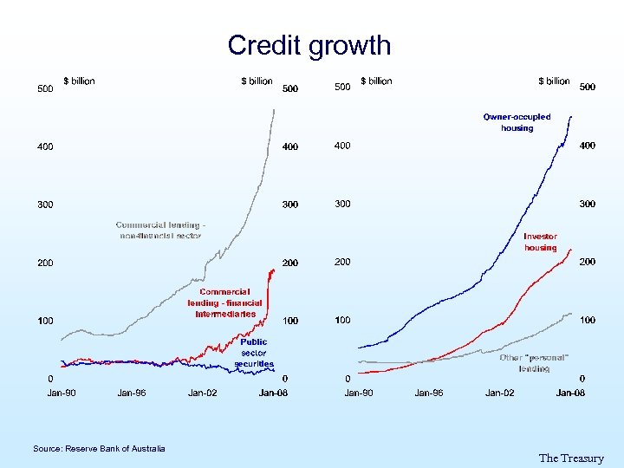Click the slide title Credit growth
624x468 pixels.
(309, 45)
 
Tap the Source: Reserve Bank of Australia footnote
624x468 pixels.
(99, 448)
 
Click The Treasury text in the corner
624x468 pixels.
(570, 458)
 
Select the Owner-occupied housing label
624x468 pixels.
(517, 122)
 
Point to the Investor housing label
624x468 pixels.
(540, 242)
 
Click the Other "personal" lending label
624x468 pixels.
(534, 363)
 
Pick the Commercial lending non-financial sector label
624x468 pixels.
(160, 230)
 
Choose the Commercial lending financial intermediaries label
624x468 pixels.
(224, 303)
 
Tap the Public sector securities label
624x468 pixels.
(254, 353)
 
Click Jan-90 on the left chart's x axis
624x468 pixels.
(61, 393)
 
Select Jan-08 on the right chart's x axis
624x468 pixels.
(570, 393)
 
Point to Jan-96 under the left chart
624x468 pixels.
(132, 393)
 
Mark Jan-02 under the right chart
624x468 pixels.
(500, 393)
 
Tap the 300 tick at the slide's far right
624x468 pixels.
(587, 204)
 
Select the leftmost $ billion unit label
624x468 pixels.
(79, 81)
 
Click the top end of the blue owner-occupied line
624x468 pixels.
(574, 114)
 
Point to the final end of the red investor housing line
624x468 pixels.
(572, 250)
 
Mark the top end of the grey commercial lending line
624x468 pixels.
(274, 109)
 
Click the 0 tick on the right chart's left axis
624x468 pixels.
(348, 379)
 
